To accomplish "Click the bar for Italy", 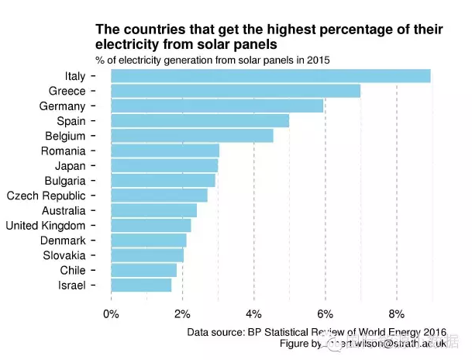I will pyautogui.click(x=270, y=76).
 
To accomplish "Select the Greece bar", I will pyautogui.click(x=236, y=91).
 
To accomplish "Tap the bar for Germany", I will pyautogui.click(x=217, y=106).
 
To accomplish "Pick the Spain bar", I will pyautogui.click(x=200, y=121).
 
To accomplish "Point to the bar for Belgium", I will pyautogui.click(x=192, y=136).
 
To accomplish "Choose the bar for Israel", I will pyautogui.click(x=141, y=286).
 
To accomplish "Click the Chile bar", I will pyautogui.click(x=143, y=271).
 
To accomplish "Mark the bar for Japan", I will pyautogui.click(x=164, y=166).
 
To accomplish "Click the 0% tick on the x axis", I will pyautogui.click(x=111, y=314).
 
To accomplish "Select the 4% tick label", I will pyautogui.click(x=253, y=314).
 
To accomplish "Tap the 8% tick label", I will pyautogui.click(x=396, y=314).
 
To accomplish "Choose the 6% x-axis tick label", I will pyautogui.click(x=325, y=314).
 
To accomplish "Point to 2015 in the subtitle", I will pyautogui.click(x=318, y=60).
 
